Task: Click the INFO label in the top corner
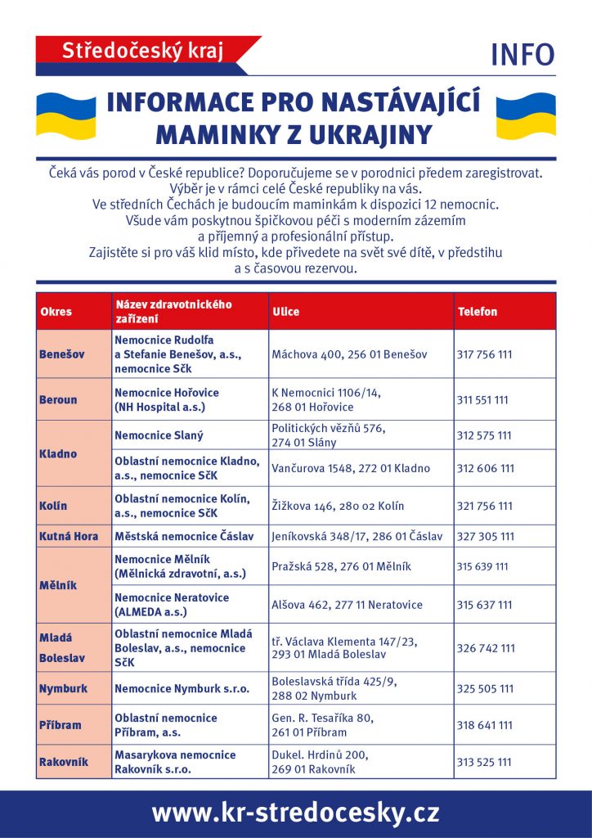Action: pos(522,55)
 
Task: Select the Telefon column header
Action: pos(478,312)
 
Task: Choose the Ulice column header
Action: pos(285,312)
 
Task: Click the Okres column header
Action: pos(56,312)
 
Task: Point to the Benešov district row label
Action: pos(61,354)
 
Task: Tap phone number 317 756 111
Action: pos(486,354)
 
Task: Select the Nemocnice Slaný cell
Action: pos(159,435)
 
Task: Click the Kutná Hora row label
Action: pos(69,537)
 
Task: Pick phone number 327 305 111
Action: pos(486,537)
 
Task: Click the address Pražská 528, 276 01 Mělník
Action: pos(341,566)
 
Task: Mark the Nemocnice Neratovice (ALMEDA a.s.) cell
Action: pos(172,605)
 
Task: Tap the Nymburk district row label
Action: pos(63,689)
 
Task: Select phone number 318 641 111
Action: pos(486,725)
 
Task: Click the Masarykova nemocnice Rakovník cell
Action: pos(175,762)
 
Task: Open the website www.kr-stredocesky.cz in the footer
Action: pos(295,813)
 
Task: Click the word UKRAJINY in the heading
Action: pos(368,133)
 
